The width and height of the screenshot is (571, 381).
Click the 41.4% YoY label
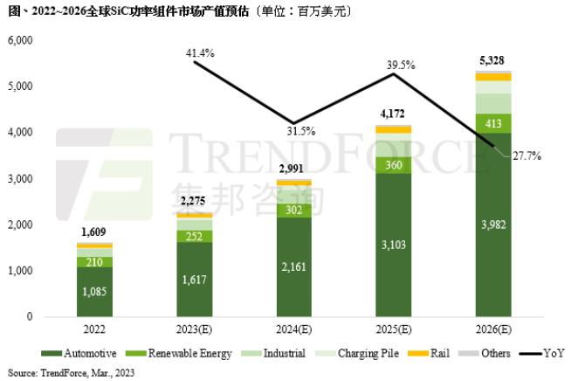point(200,54)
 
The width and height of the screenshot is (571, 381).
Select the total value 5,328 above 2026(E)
point(493,60)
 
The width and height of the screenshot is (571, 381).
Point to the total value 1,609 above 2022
point(94,232)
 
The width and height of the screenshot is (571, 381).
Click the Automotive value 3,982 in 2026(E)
point(493,225)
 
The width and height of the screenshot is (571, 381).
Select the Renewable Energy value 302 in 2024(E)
point(294,210)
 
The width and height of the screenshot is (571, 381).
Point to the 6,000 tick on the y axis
point(20,41)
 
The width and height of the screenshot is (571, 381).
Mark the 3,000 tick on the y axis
point(20,179)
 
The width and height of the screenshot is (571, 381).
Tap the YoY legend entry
point(545,353)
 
